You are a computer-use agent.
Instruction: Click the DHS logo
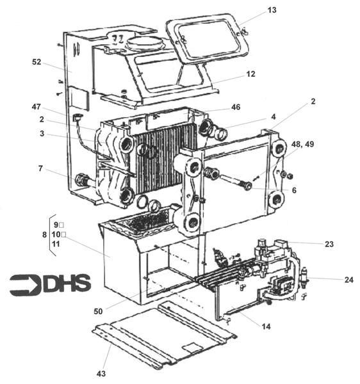coord(50,284)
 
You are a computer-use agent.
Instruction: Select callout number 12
coord(250,74)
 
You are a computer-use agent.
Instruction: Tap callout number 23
coord(329,243)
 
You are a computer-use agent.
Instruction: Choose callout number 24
coord(348,280)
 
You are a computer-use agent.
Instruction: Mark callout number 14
coord(266,326)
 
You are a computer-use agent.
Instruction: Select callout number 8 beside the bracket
coord(44,235)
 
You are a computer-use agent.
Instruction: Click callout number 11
coord(56,244)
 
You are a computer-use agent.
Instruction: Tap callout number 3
coord(42,134)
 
